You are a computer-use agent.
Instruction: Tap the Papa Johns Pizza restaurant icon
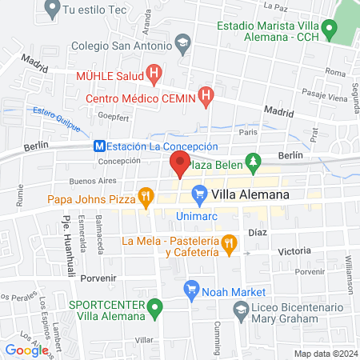146,198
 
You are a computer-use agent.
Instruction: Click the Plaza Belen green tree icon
254,163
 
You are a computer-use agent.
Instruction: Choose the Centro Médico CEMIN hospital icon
206,98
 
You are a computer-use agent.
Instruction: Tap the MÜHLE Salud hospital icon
154,75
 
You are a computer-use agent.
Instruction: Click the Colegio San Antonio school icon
183,46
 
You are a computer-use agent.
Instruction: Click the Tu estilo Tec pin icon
52,10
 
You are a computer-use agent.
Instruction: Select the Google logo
26,350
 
